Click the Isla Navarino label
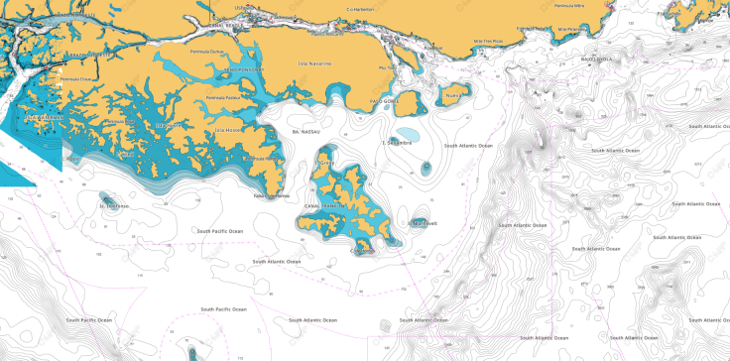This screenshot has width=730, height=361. tap(314, 63)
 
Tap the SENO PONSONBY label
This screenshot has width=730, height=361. tap(245, 70)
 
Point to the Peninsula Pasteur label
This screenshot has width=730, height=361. tap(223, 98)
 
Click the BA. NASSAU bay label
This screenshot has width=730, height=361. tap(303, 131)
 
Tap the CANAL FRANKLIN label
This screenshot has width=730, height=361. tap(324, 205)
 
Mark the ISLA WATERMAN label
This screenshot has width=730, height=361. tap(44, 117)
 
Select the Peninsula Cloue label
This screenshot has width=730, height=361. tap(76, 77)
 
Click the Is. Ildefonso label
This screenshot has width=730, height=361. tap(114, 206)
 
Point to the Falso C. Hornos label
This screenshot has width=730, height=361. tap(272, 195)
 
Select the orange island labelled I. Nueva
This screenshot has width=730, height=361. tap(454, 96)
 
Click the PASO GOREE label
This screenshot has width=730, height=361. tap(384, 101)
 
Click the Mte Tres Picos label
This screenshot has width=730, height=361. tap(488, 42)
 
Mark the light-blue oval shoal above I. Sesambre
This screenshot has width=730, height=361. tap(406, 133)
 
